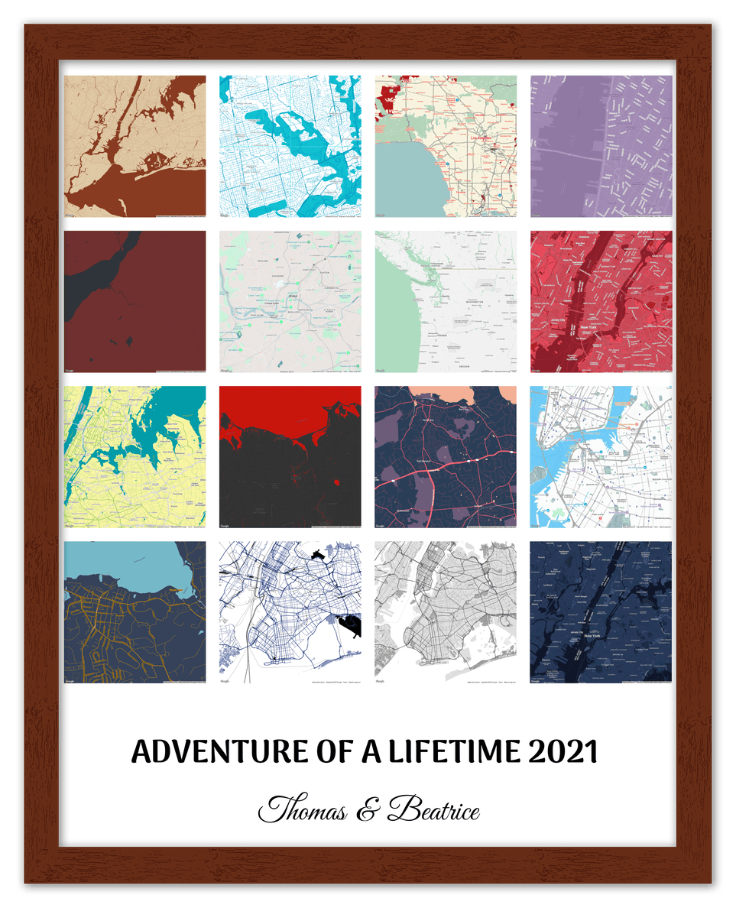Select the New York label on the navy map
pos(592,635)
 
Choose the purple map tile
pos(601,146)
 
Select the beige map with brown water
pos(135,146)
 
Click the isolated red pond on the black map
pos(337,482)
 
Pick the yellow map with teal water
pos(135,457)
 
